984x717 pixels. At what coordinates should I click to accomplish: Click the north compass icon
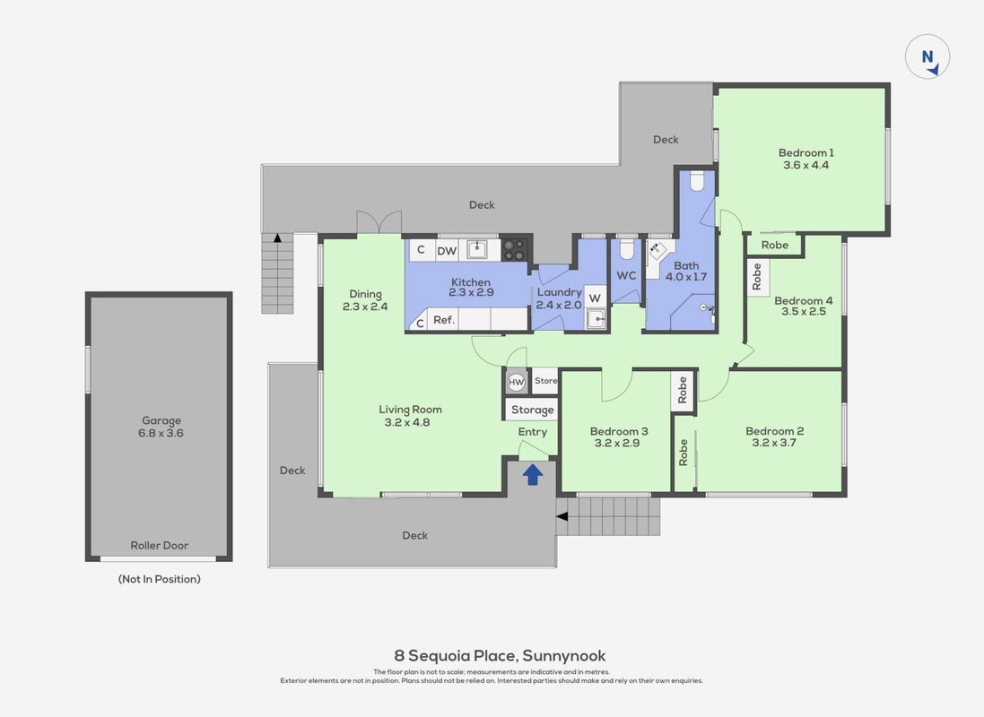click(x=927, y=57)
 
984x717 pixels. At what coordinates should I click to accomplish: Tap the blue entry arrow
click(x=532, y=474)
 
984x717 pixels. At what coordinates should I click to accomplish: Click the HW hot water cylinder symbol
click(x=516, y=382)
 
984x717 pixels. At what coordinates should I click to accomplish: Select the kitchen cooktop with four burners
click(x=515, y=249)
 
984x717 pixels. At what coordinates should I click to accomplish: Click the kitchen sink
click(x=477, y=250)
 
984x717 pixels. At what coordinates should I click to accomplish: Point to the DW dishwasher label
click(x=447, y=251)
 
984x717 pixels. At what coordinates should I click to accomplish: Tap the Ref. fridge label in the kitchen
click(x=444, y=320)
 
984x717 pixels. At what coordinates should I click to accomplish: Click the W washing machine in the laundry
click(x=595, y=298)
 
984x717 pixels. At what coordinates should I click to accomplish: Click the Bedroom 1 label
click(x=805, y=152)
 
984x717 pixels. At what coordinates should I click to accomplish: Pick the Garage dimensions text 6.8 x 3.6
click(x=161, y=433)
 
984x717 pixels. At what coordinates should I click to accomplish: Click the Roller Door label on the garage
click(x=160, y=545)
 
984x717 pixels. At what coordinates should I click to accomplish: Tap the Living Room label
click(x=411, y=410)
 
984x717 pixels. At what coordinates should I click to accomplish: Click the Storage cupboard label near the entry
click(x=532, y=410)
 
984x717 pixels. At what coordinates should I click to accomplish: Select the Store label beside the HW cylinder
click(x=546, y=381)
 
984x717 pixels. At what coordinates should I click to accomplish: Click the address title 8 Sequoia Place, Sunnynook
click(x=500, y=655)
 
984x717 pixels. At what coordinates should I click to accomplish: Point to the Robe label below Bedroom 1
click(x=774, y=245)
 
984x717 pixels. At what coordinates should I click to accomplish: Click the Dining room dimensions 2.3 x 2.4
click(x=364, y=307)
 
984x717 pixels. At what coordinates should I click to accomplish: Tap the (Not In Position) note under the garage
click(x=160, y=579)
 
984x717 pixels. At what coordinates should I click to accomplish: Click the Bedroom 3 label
click(x=619, y=431)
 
